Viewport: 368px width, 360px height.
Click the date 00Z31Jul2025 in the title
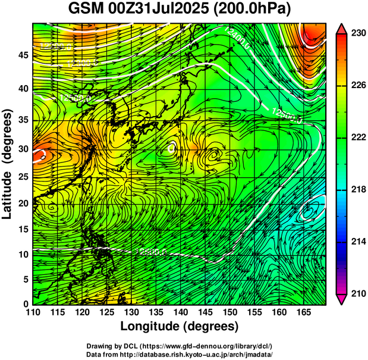pos(158,10)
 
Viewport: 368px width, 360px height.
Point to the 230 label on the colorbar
pos(357,34)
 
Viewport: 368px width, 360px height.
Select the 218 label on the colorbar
pos(357,189)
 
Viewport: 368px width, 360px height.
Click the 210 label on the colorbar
pos(357,293)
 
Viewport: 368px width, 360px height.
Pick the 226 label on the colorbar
pos(357,86)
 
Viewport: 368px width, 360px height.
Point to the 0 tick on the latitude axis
pos(25,304)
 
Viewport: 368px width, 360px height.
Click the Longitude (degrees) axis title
pos(180,327)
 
